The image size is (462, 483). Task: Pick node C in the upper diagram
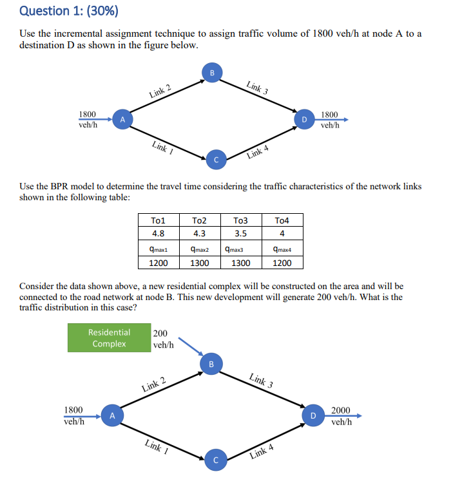click(216, 158)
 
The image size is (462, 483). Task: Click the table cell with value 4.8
click(158, 233)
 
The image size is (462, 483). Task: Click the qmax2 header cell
click(199, 249)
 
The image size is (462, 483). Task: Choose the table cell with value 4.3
click(199, 233)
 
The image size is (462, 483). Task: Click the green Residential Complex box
click(109, 338)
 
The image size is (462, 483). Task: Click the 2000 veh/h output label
click(341, 416)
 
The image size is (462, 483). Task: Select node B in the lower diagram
click(211, 364)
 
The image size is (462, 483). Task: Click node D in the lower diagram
click(313, 415)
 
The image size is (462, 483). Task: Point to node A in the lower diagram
click(112, 415)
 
